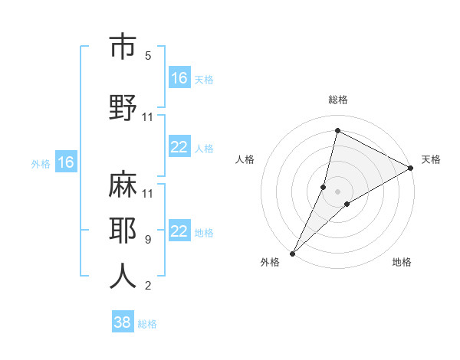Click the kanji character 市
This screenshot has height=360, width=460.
point(123,47)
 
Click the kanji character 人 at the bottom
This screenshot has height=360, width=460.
point(123,277)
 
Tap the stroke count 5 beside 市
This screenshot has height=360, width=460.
point(148,56)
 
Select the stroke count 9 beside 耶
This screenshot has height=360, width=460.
point(147,240)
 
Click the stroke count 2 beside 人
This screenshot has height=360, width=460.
point(147,286)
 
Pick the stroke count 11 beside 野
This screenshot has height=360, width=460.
point(148,117)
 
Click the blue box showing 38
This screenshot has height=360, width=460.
point(122,322)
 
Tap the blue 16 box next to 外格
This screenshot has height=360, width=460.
point(65,162)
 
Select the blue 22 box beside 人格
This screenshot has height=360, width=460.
point(179,148)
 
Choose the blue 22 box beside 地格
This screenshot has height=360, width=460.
point(179,232)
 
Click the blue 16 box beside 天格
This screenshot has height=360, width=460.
point(179,78)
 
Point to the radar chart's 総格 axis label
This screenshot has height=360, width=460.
point(338,100)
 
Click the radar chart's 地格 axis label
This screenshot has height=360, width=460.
point(402,263)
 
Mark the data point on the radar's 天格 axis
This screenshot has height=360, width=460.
point(411,168)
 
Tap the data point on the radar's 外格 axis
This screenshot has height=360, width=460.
point(293,253)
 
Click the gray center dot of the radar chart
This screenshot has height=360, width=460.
point(338,191)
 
